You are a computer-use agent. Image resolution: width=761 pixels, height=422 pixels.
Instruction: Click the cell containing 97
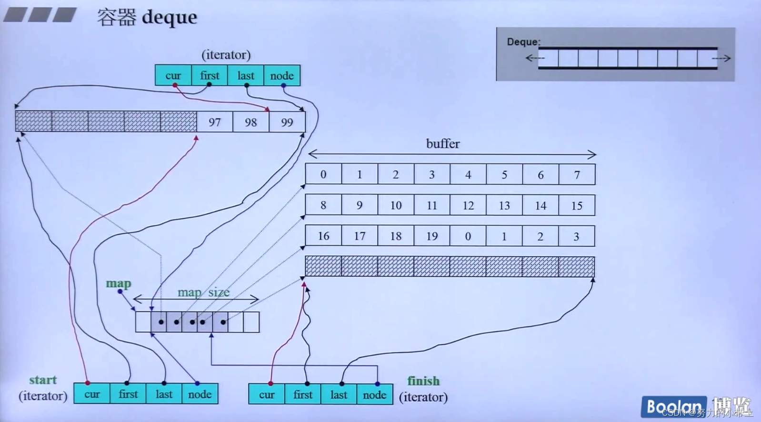coord(215,122)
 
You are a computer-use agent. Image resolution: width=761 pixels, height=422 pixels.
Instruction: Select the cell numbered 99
coord(287,122)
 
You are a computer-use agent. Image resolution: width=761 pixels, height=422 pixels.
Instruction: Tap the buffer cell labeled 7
coord(577,175)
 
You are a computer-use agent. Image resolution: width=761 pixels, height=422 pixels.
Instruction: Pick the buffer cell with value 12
coord(468,206)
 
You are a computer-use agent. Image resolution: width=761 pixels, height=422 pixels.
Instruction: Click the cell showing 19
coord(432,236)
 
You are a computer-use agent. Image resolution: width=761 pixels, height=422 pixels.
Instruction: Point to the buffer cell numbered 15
coord(577,206)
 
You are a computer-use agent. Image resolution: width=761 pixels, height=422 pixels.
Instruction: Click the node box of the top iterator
coord(282,76)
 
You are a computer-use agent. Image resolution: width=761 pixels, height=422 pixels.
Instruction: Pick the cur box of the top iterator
coord(173,76)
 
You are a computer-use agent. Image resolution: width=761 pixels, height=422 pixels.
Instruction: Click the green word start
coord(43,380)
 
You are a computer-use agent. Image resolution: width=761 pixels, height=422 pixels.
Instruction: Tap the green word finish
coord(423,381)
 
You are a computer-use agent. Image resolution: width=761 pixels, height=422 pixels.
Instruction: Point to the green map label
coord(118,284)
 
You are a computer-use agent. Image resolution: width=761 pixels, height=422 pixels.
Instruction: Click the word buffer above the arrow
coord(443,144)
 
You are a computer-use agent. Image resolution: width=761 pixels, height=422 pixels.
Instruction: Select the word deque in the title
coord(170,18)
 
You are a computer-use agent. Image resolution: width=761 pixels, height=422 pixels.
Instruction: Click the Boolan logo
coord(673,407)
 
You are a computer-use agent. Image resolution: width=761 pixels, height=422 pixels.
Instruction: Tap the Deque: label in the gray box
coord(523,42)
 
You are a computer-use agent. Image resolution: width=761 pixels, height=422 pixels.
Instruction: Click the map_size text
coord(203,292)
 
